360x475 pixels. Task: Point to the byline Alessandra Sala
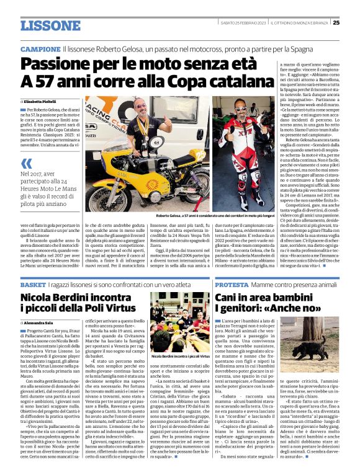pos(42,323)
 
